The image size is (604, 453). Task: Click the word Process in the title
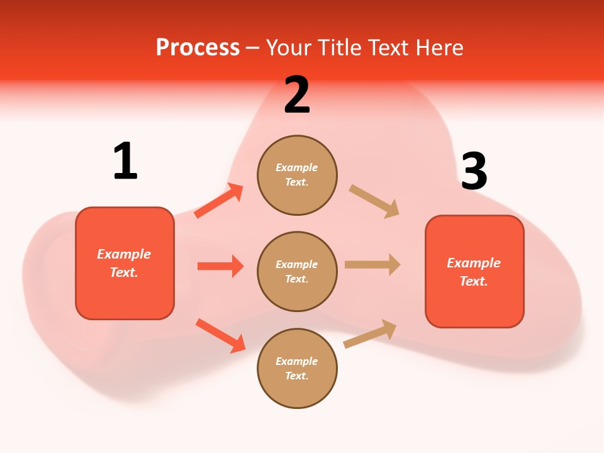point(198,48)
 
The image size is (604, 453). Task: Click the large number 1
point(125,161)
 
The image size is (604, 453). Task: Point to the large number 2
point(297,95)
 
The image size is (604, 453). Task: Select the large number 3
point(474,172)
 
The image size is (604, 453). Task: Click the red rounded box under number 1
point(125,263)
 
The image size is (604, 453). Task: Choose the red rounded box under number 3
point(474,272)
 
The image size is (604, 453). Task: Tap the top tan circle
point(297,175)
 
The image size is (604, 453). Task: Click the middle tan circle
point(297,272)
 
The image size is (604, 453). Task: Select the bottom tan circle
point(297,369)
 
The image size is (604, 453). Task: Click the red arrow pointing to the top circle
point(219,201)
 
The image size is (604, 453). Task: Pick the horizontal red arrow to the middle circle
point(220,266)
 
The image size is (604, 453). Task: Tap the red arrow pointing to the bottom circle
point(220,335)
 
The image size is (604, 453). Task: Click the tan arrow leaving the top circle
point(374,201)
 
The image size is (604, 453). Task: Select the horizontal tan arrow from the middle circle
point(372,265)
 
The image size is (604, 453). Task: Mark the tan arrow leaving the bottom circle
point(371,334)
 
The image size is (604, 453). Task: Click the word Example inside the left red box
point(124,254)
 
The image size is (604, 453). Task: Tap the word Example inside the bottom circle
point(297,361)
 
